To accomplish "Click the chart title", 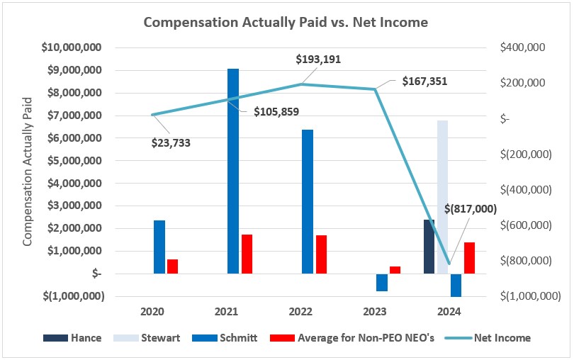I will (286, 22).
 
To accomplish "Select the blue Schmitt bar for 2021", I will (233, 170).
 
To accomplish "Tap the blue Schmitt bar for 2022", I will (307, 201).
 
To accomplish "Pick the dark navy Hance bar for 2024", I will (429, 247).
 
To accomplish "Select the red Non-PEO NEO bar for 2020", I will (173, 266).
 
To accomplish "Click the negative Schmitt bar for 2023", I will (382, 282).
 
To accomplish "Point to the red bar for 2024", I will (469, 258).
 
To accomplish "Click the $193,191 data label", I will (318, 60).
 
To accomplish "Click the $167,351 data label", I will (424, 81).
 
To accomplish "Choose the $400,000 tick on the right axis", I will (522, 47).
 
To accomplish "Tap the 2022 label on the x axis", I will (301, 312).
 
